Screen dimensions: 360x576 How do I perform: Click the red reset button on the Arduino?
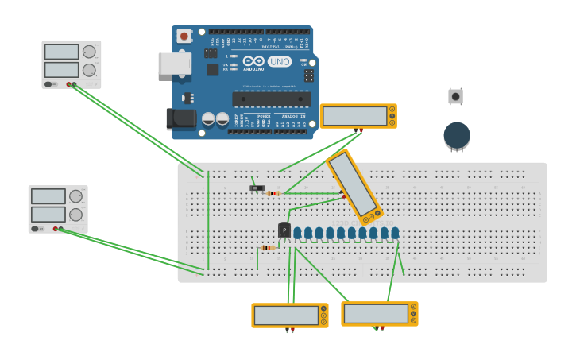coord(184,36)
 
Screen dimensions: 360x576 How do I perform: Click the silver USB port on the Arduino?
coord(174,64)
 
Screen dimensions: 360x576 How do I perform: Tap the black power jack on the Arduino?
coord(180,118)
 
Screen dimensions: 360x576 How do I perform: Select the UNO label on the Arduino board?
coord(279,61)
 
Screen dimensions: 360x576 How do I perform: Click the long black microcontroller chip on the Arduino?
coord(271,99)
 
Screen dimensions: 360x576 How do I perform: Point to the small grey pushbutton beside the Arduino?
coord(455,96)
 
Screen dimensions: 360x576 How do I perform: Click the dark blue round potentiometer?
coord(457,134)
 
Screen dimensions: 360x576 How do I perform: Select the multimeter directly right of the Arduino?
coord(358,116)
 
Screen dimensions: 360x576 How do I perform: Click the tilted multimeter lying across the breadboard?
coord(354,186)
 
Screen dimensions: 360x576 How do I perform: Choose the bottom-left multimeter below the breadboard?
coord(289,315)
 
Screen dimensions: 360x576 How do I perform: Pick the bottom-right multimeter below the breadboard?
coord(379,313)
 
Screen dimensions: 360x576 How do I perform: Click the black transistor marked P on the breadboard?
coord(284,230)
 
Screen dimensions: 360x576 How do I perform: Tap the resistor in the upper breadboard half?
coord(273,193)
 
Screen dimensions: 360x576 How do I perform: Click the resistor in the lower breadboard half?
coord(268,248)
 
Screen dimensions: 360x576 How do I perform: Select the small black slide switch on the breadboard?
coord(257,188)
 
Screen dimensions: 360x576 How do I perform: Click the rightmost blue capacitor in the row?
coord(395,233)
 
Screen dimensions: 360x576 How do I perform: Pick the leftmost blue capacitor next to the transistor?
coord(297,233)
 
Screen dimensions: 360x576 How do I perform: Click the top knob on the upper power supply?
coord(89,52)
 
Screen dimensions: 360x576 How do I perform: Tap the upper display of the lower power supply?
coord(48,196)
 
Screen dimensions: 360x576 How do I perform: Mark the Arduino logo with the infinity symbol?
coord(253,61)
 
